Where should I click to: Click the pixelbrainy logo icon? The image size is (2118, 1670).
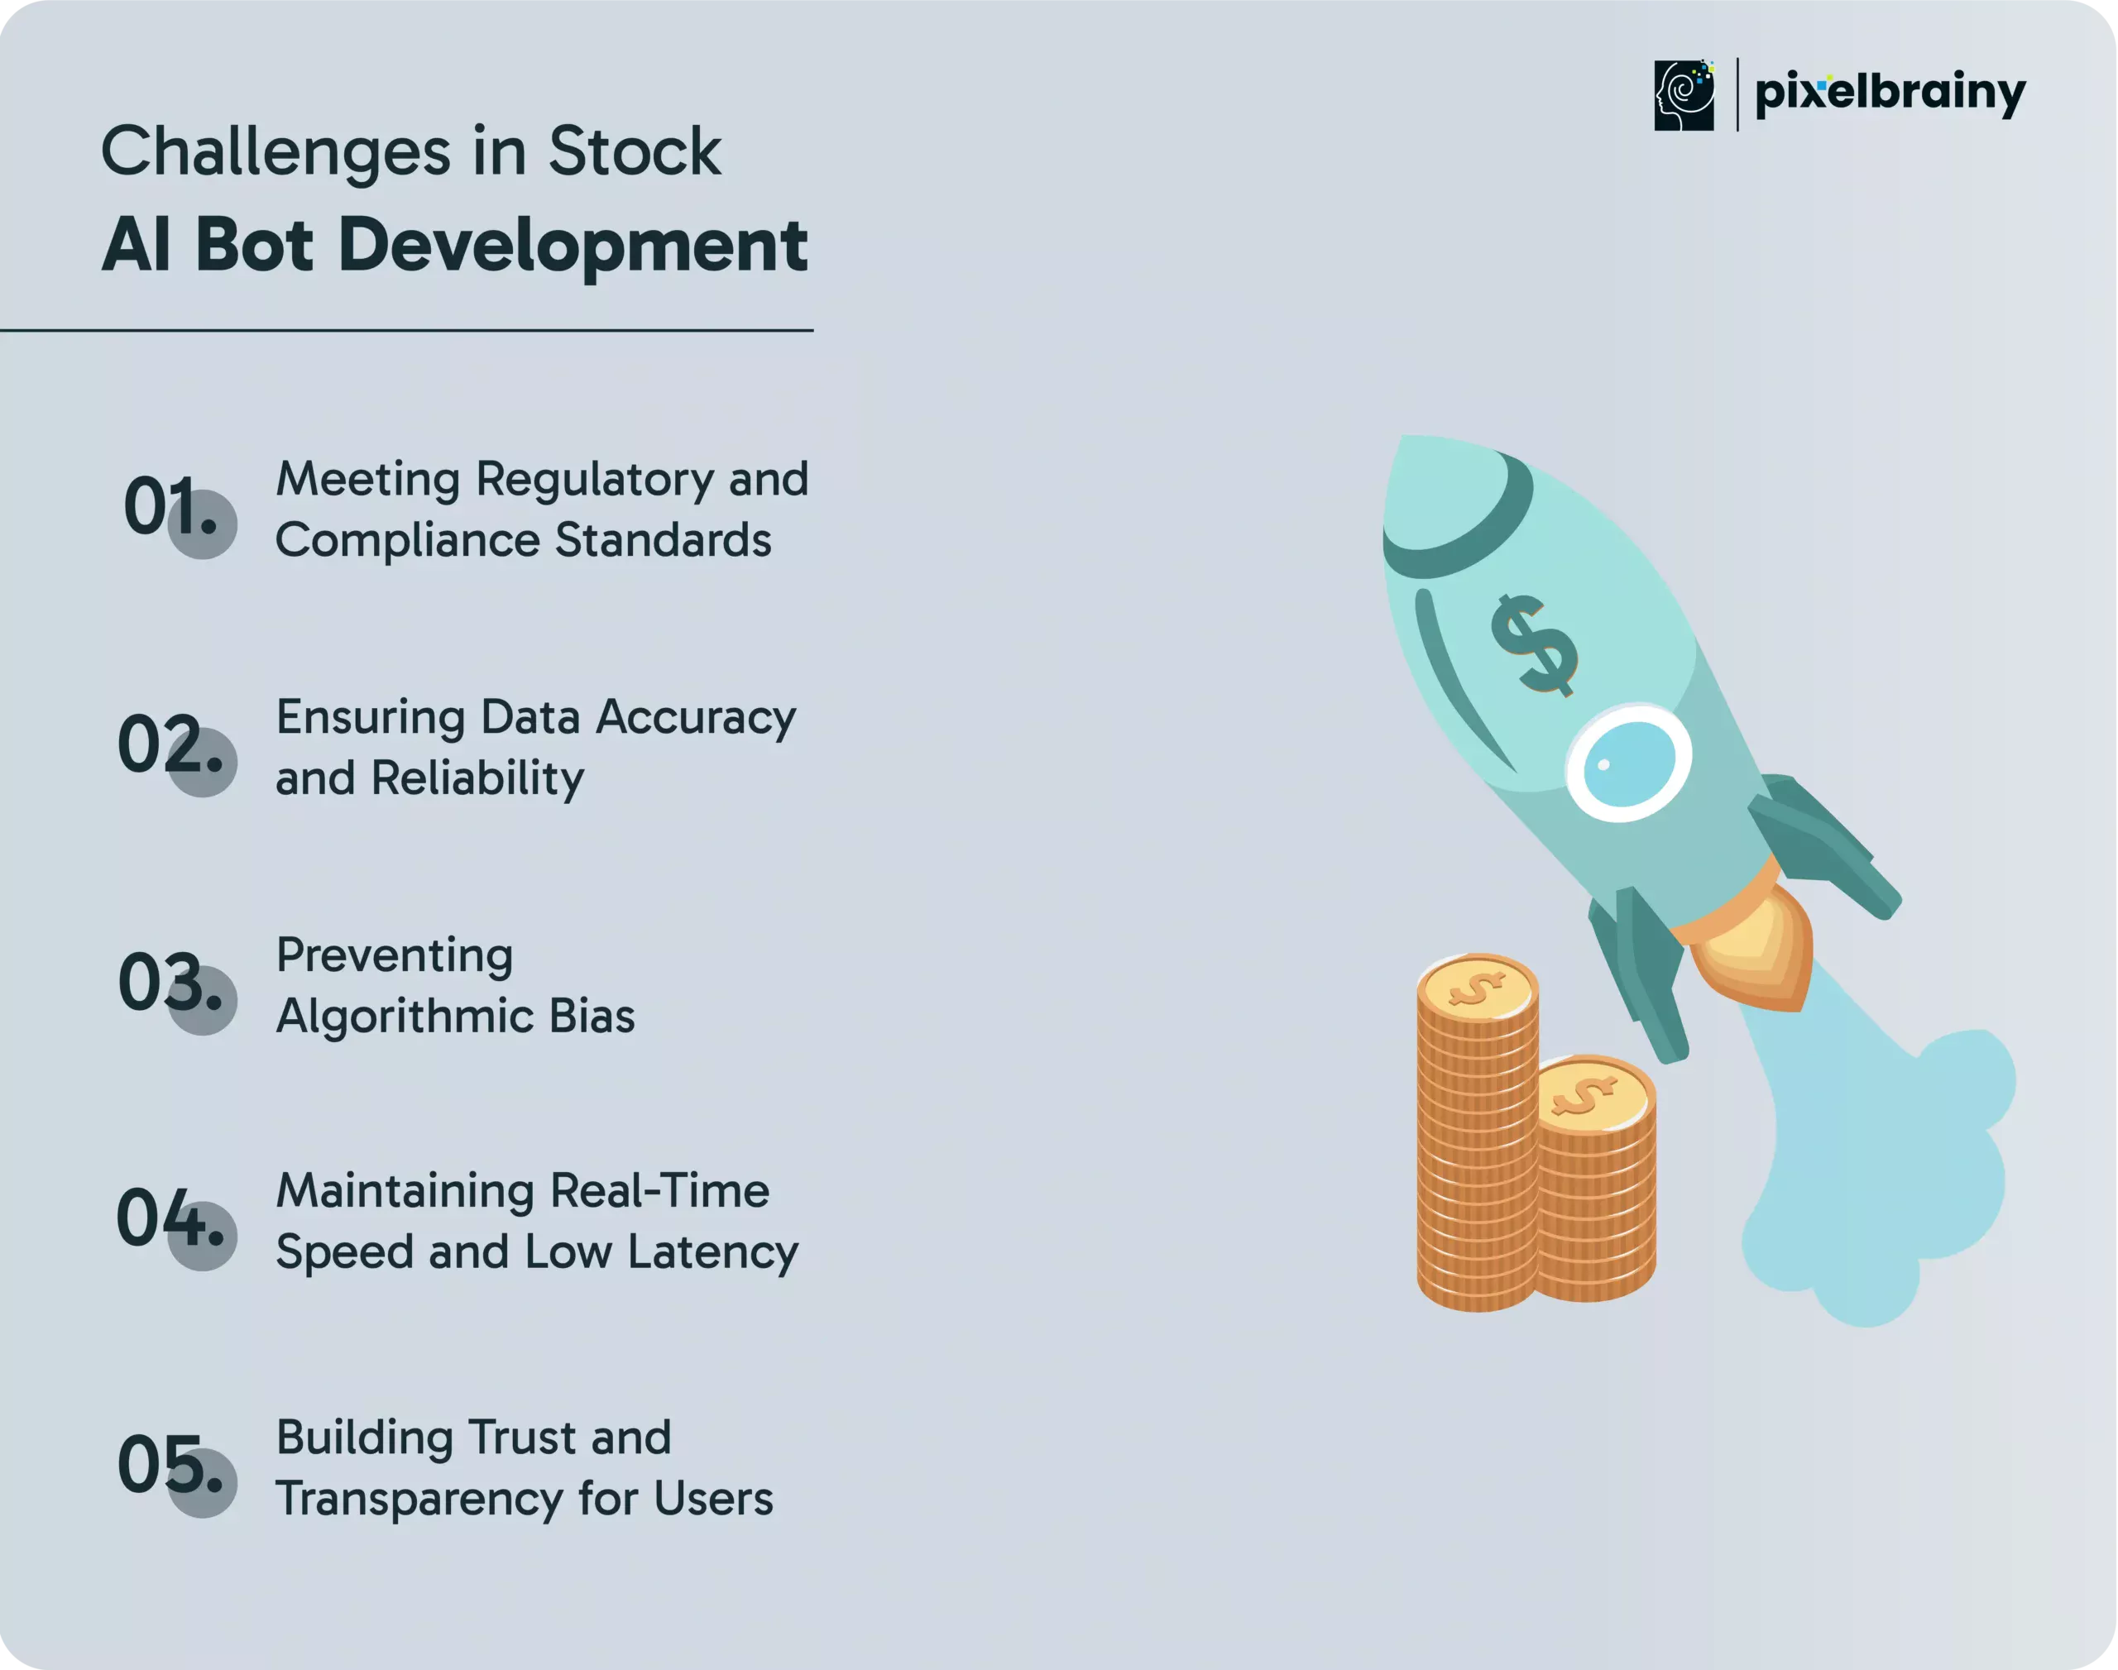1683,95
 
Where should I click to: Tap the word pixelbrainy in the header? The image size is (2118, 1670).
1890,93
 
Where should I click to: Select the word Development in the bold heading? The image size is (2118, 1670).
573,246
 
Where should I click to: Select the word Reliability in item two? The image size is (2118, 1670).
478,779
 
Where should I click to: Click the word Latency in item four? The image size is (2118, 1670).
713,1253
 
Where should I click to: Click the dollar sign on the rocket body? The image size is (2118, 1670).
1532,645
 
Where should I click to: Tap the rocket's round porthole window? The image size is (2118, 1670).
1628,763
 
